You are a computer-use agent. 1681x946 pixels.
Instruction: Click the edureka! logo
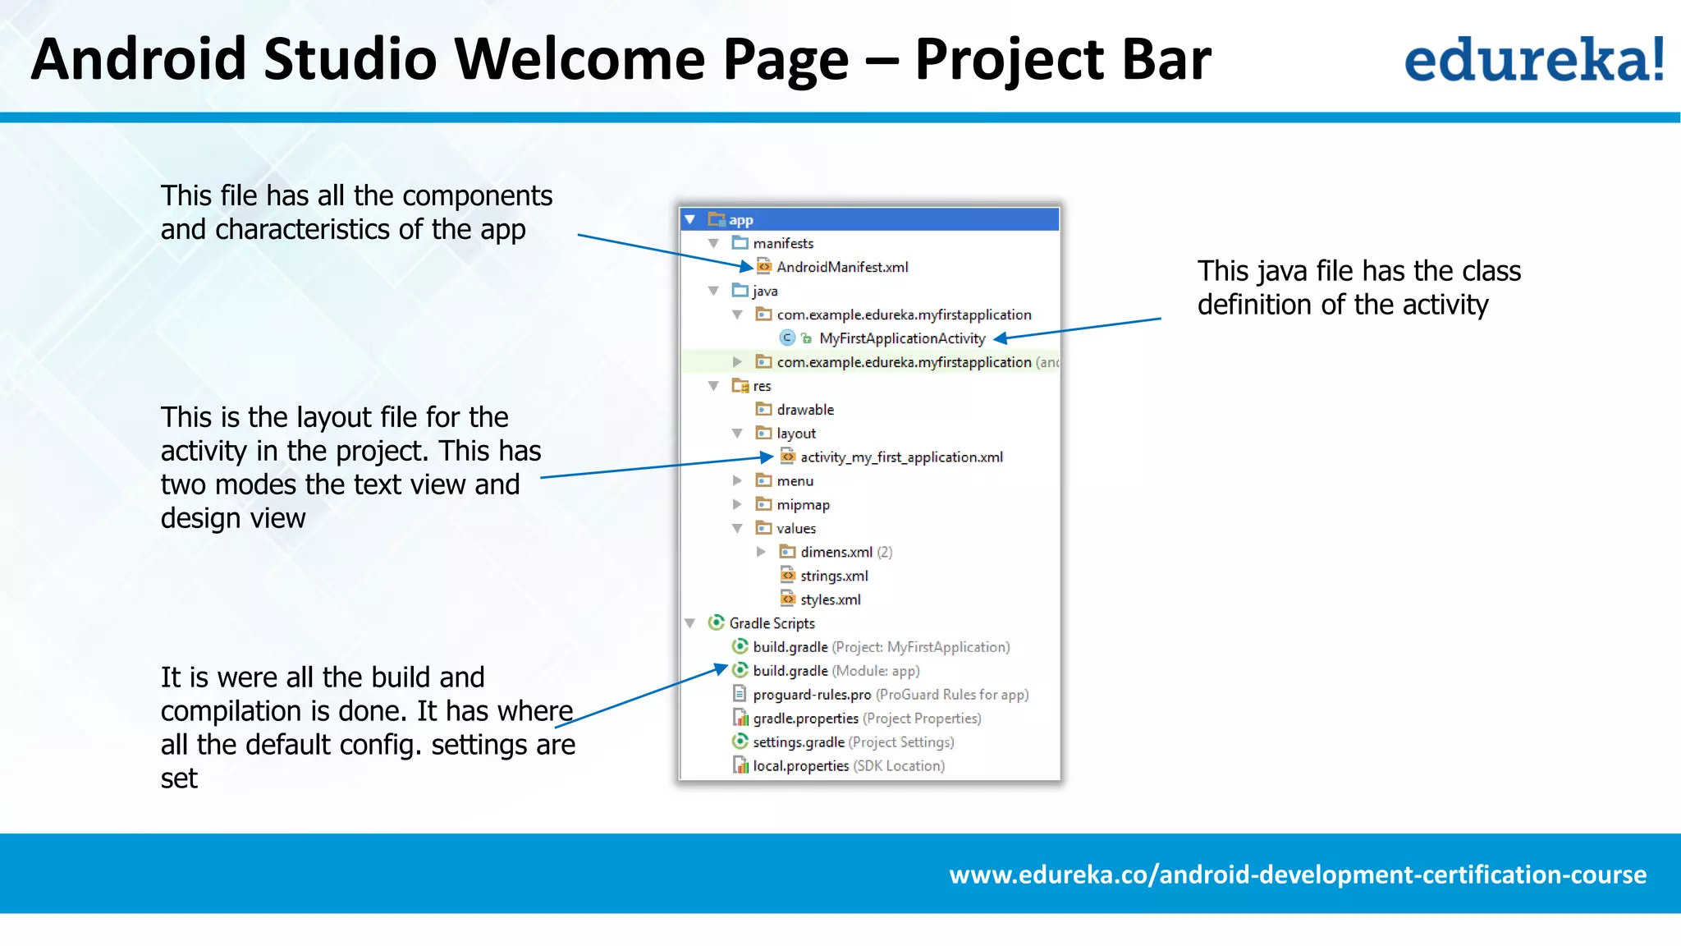tap(1533, 60)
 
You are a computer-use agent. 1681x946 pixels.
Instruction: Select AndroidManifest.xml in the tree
tap(841, 267)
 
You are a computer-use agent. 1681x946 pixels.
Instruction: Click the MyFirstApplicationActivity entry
tap(901, 338)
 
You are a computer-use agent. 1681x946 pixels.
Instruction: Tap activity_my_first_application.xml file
tap(900, 457)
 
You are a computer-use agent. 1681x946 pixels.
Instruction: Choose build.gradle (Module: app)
tap(835, 671)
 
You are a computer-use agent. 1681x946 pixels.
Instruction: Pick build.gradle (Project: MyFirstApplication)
tap(880, 647)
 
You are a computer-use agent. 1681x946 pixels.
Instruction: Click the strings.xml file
tap(833, 576)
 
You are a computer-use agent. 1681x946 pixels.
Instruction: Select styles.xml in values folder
tap(830, 599)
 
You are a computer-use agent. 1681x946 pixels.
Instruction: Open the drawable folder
tap(804, 410)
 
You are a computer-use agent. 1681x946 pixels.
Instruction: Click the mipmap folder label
tap(803, 505)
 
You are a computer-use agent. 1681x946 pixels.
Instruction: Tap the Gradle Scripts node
tap(771, 623)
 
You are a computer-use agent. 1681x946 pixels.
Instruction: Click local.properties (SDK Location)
tap(847, 766)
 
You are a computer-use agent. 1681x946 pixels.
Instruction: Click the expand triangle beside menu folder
tap(737, 481)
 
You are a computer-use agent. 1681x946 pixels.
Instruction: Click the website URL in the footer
tap(1297, 875)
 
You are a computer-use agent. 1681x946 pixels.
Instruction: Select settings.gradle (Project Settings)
tap(852, 742)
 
